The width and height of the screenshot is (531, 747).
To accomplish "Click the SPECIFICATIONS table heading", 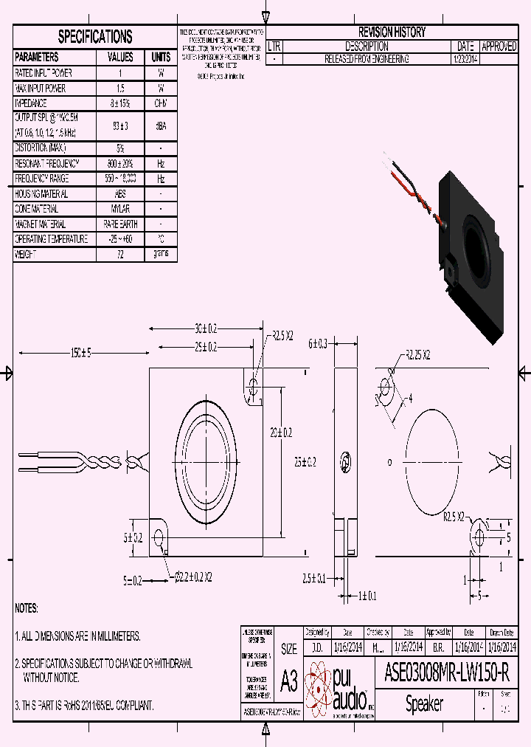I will click(95, 36).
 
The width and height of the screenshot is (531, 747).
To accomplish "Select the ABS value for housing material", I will click(120, 194).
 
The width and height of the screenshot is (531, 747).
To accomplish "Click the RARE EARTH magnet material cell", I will click(120, 224).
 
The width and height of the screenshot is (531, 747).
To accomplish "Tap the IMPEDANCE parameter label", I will click(31, 103).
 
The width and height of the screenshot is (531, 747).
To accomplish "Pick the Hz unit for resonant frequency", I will click(160, 164).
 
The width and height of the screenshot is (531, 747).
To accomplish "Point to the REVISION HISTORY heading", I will click(391, 32).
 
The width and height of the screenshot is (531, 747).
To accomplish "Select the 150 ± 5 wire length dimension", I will click(80, 354).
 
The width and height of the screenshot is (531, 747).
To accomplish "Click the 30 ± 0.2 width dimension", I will click(206, 328).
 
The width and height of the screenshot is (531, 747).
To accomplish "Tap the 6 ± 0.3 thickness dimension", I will click(318, 343).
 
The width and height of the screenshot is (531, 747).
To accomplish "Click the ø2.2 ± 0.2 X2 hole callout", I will click(194, 576).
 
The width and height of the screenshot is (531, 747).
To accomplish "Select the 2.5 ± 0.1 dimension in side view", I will click(313, 578).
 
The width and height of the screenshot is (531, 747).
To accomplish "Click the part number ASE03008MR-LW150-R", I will click(446, 672).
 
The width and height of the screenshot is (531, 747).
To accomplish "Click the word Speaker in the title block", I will click(425, 704).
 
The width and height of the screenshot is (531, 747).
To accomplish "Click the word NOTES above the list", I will click(26, 608).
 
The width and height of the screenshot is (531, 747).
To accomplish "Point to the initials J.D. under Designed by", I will click(317, 647).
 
